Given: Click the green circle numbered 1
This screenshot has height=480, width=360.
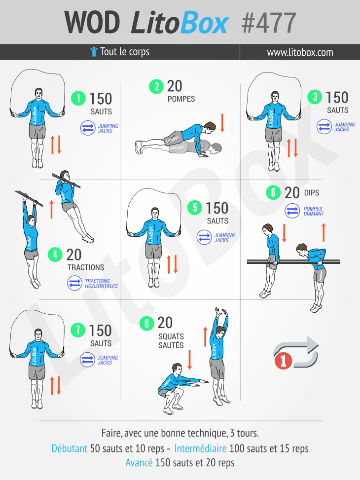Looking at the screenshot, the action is click(x=78, y=98).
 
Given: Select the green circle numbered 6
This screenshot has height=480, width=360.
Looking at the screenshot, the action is click(x=273, y=192).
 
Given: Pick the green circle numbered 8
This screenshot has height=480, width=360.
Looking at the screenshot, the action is click(x=146, y=323).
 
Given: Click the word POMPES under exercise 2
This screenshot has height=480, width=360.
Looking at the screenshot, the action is click(x=181, y=99).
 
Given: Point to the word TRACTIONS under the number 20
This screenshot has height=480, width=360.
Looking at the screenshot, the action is click(x=86, y=267).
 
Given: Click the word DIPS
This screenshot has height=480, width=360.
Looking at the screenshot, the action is click(x=312, y=193).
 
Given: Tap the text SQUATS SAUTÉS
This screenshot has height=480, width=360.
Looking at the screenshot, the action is click(x=171, y=341).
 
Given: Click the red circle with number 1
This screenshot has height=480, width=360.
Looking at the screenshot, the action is click(x=283, y=361).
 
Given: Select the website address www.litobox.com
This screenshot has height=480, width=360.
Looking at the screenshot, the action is click(x=300, y=52).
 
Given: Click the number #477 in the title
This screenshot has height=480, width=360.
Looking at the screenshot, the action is click(x=269, y=23).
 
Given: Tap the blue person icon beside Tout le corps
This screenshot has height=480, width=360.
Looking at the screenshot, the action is click(x=94, y=52).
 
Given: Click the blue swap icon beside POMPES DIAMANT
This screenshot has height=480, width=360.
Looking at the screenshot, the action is click(x=292, y=211).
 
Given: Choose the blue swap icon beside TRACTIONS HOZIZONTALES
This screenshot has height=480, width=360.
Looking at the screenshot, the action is click(x=74, y=283).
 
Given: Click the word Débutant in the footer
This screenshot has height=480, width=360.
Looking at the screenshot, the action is click(x=70, y=448).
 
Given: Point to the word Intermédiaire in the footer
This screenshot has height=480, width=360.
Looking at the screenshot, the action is click(x=201, y=448).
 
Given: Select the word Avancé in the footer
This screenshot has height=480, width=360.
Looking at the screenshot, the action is click(x=139, y=462).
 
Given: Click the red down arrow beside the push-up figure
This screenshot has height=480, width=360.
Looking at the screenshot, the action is click(x=222, y=123).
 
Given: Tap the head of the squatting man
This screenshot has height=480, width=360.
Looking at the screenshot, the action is click(x=177, y=369).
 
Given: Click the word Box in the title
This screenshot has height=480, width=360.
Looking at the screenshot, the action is click(x=204, y=23).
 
